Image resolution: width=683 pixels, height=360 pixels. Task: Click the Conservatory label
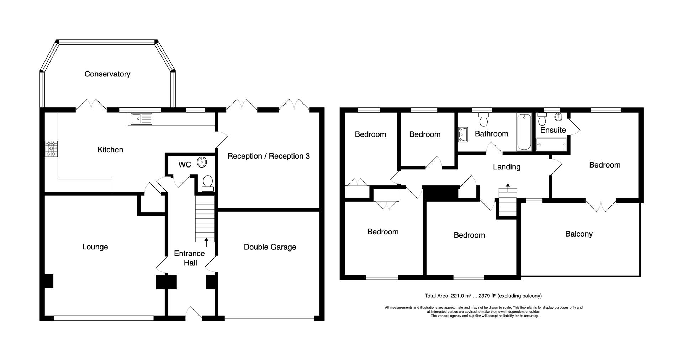click(x=107, y=74)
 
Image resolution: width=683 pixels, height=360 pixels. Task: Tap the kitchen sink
click(x=141, y=119)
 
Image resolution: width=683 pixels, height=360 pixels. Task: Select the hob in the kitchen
click(x=52, y=149)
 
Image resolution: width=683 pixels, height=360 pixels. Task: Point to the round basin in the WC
click(x=202, y=163)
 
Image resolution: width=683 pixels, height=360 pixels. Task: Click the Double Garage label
click(x=270, y=247)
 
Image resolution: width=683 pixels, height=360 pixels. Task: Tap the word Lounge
click(x=95, y=247)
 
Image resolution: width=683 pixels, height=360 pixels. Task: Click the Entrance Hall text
click(x=190, y=258)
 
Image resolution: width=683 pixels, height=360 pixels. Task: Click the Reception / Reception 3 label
click(x=269, y=156)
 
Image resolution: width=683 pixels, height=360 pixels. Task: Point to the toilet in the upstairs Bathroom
click(x=483, y=120)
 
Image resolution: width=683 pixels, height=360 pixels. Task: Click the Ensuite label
click(x=553, y=130)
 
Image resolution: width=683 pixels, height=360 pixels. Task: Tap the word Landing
click(x=507, y=167)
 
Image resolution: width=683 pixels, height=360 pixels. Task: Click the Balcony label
click(x=579, y=234)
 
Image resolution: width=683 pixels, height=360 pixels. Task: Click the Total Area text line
click(x=483, y=296)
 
